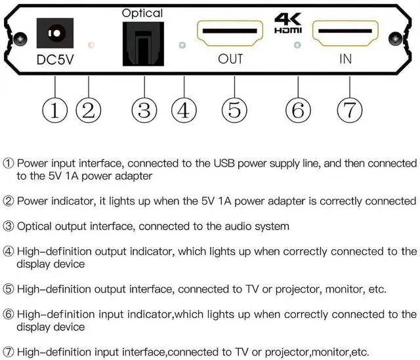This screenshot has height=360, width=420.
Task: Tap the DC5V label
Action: coord(56,59)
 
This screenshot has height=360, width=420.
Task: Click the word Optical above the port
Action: coord(142,12)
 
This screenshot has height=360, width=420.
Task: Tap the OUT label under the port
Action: coord(230,59)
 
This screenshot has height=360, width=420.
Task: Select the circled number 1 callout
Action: coord(55,110)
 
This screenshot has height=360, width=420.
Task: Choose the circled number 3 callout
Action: coord(144,110)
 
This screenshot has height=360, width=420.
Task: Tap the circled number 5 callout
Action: coord(234,110)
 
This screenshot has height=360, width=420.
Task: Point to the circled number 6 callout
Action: coord(298,110)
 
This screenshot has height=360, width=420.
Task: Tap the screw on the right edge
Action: coord(396,38)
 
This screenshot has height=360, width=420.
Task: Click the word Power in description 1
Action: coord(31,163)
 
